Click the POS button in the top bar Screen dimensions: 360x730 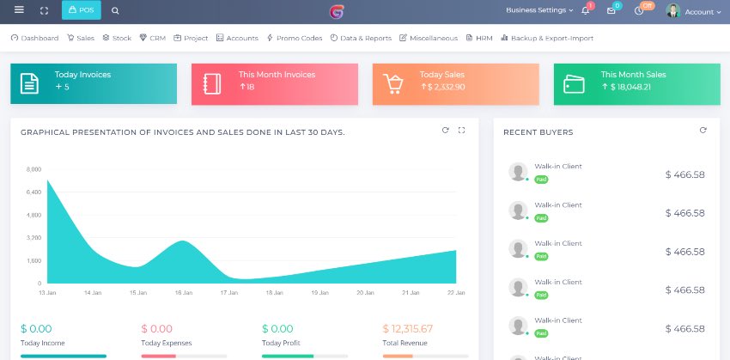81,11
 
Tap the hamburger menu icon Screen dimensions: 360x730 19,10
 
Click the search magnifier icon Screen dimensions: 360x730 116,11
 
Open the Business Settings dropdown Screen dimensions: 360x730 539,11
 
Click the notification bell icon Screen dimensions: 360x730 585,11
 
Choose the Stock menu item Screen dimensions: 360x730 117,38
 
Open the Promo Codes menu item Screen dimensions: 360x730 295,38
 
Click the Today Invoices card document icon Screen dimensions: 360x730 30,83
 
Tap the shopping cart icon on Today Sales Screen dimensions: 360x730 392,83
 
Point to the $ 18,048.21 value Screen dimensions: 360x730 626,87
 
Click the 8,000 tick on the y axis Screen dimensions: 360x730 33,169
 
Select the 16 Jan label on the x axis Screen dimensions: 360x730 184,293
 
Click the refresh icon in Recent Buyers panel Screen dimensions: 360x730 703,131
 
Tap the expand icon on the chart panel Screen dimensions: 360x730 462,131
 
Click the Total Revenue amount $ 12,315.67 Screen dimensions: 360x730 408,329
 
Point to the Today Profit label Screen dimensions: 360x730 281,343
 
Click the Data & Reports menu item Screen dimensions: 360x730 361,38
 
